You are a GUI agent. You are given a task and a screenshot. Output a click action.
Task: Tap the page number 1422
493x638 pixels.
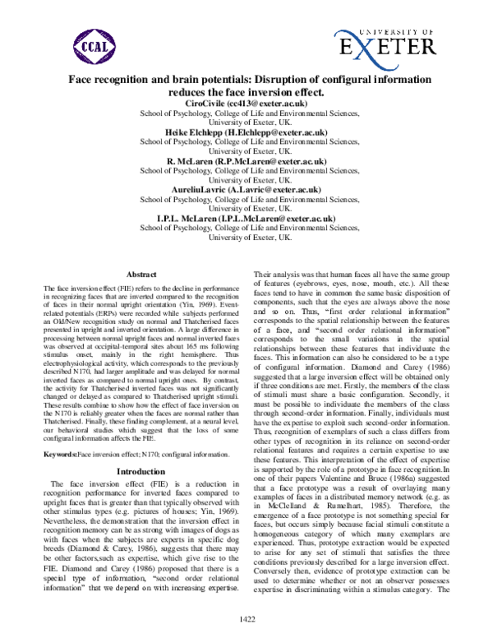[x=246, y=617]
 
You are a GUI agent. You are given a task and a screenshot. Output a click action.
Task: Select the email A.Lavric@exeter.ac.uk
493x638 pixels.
[x=280, y=190]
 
